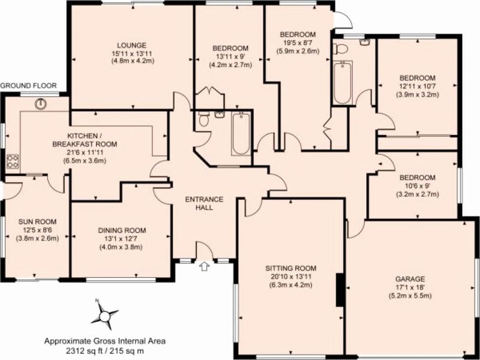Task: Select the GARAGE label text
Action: coord(410,279)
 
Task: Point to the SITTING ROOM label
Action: coord(290,268)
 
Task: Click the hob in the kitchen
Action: coord(12,161)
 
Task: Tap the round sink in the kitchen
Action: coord(41,104)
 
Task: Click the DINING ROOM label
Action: coord(122,230)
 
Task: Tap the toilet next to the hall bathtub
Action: coord(203,121)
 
